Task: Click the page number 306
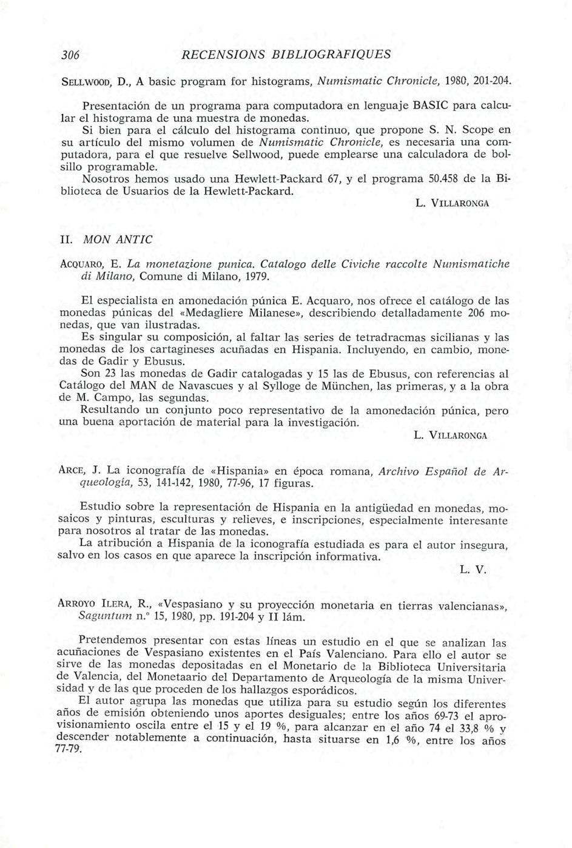pyautogui.click(x=70, y=54)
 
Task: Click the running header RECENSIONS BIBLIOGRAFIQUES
pyautogui.click(x=286, y=54)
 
